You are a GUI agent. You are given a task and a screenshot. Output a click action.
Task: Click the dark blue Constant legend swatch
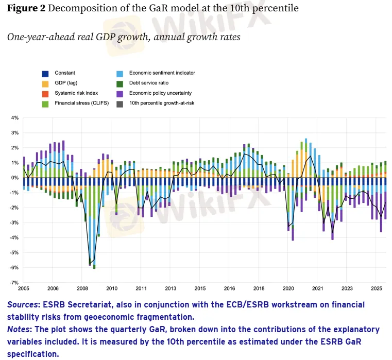[x=45, y=73]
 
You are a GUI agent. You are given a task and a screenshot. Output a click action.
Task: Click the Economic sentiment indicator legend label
[x=162, y=73]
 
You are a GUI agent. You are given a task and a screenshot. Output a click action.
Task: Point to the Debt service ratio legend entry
[x=148, y=83]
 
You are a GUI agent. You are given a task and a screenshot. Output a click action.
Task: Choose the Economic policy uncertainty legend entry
[x=160, y=93]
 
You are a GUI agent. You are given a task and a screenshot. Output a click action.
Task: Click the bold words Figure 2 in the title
[x=26, y=9]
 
